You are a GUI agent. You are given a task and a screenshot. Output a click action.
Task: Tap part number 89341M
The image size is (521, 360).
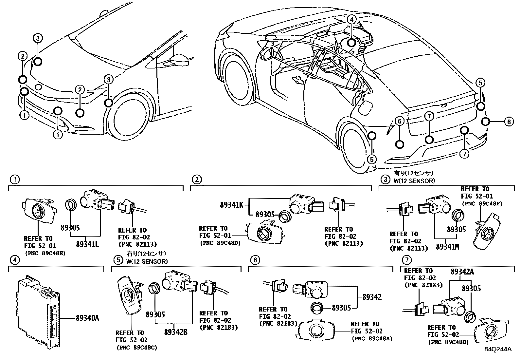pos(447,246)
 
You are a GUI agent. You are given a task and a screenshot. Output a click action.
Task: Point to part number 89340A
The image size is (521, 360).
pos(87,318)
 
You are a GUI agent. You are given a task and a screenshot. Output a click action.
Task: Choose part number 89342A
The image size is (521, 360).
pos(462,272)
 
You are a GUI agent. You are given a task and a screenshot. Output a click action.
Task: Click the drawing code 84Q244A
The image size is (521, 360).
pos(498,349)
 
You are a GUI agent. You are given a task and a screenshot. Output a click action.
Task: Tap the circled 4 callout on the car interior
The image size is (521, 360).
pos(351,20)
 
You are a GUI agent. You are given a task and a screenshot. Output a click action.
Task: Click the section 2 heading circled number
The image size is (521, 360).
pos(197,179)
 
